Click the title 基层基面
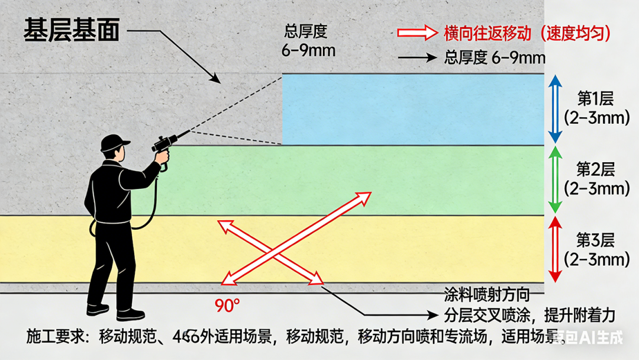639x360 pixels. click(72, 30)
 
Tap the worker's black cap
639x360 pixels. click(114, 143)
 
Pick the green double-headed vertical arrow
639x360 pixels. click(555, 179)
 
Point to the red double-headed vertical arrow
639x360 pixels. click(555, 249)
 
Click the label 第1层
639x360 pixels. click(596, 99)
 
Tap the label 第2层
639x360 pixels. click(596, 170)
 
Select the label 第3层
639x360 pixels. click(596, 240)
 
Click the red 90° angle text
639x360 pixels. click(227, 306)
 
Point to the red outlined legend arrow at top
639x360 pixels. click(417, 32)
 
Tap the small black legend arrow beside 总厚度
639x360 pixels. click(417, 58)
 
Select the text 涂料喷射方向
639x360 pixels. click(486, 294)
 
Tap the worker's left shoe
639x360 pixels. click(98, 308)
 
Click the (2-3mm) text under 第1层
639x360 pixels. click(596, 118)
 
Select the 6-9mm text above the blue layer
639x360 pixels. click(308, 50)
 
